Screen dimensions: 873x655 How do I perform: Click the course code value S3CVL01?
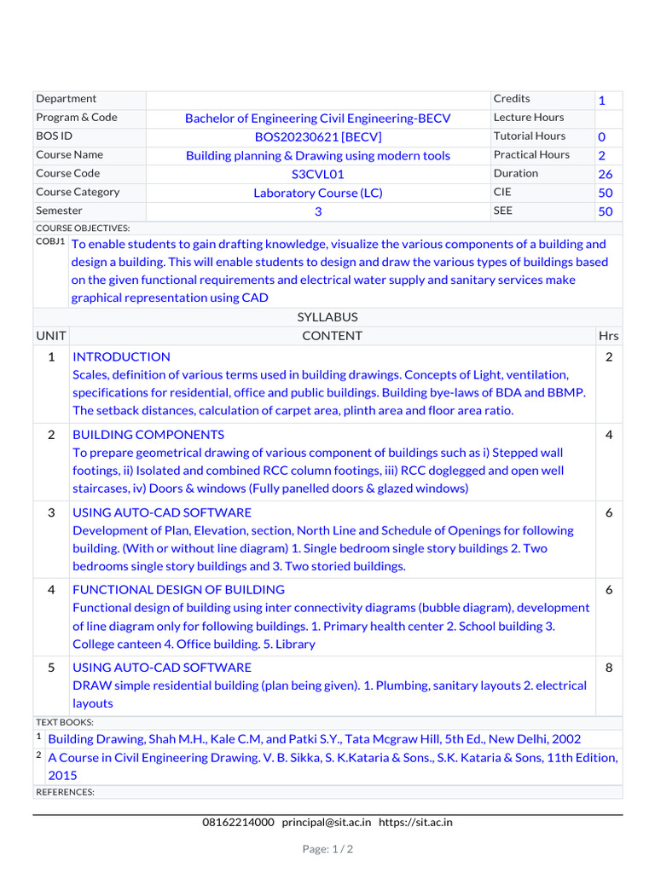point(318,174)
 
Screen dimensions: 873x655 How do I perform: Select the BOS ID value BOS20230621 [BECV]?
point(318,136)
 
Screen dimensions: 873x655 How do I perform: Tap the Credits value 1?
point(601,101)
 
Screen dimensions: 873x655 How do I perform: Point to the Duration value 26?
point(606,174)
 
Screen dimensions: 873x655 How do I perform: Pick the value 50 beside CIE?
point(606,193)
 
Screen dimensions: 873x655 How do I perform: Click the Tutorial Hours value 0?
point(601,136)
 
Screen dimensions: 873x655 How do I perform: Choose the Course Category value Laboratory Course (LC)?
point(318,193)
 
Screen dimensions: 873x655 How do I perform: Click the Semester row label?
point(60,211)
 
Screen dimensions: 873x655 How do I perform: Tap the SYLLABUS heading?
point(327,317)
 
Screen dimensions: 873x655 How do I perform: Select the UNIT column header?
point(51,336)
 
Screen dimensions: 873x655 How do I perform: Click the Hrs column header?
point(609,336)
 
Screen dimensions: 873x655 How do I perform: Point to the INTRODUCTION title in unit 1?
point(121,356)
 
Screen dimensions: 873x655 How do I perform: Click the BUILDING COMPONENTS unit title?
point(148,435)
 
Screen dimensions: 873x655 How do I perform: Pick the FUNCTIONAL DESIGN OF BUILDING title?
point(178,589)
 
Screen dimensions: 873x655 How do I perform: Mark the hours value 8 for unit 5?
point(609,668)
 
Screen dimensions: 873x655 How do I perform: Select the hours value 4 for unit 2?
point(609,435)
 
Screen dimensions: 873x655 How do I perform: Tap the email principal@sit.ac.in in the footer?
point(327,822)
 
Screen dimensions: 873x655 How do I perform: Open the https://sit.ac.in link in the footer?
point(415,822)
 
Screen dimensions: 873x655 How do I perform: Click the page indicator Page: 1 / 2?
point(327,849)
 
